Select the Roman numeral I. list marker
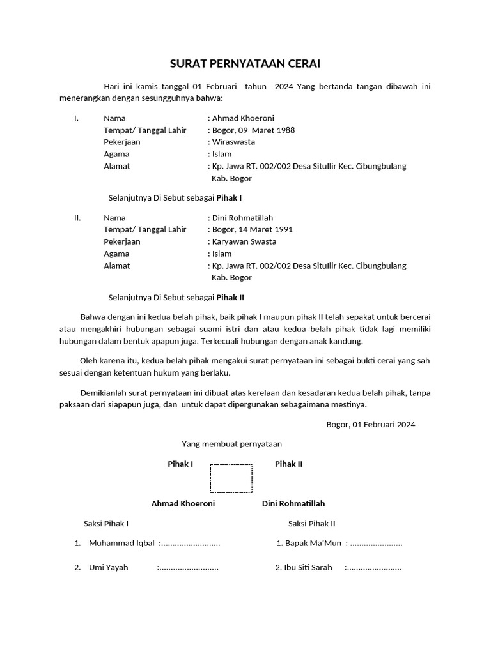pos(77,118)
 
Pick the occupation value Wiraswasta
pos(233,142)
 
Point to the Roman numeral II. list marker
pos(77,218)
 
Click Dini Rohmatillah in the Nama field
pos(242,218)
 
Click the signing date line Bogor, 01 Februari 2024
pos(371,425)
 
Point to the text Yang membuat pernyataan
pos(232,443)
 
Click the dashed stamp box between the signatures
pos(231,478)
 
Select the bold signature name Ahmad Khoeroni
pos(183,503)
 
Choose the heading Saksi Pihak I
pos(106,524)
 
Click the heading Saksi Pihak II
pos(311,524)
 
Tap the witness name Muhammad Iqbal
pos(121,544)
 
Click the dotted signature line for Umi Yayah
pos(189,567)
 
